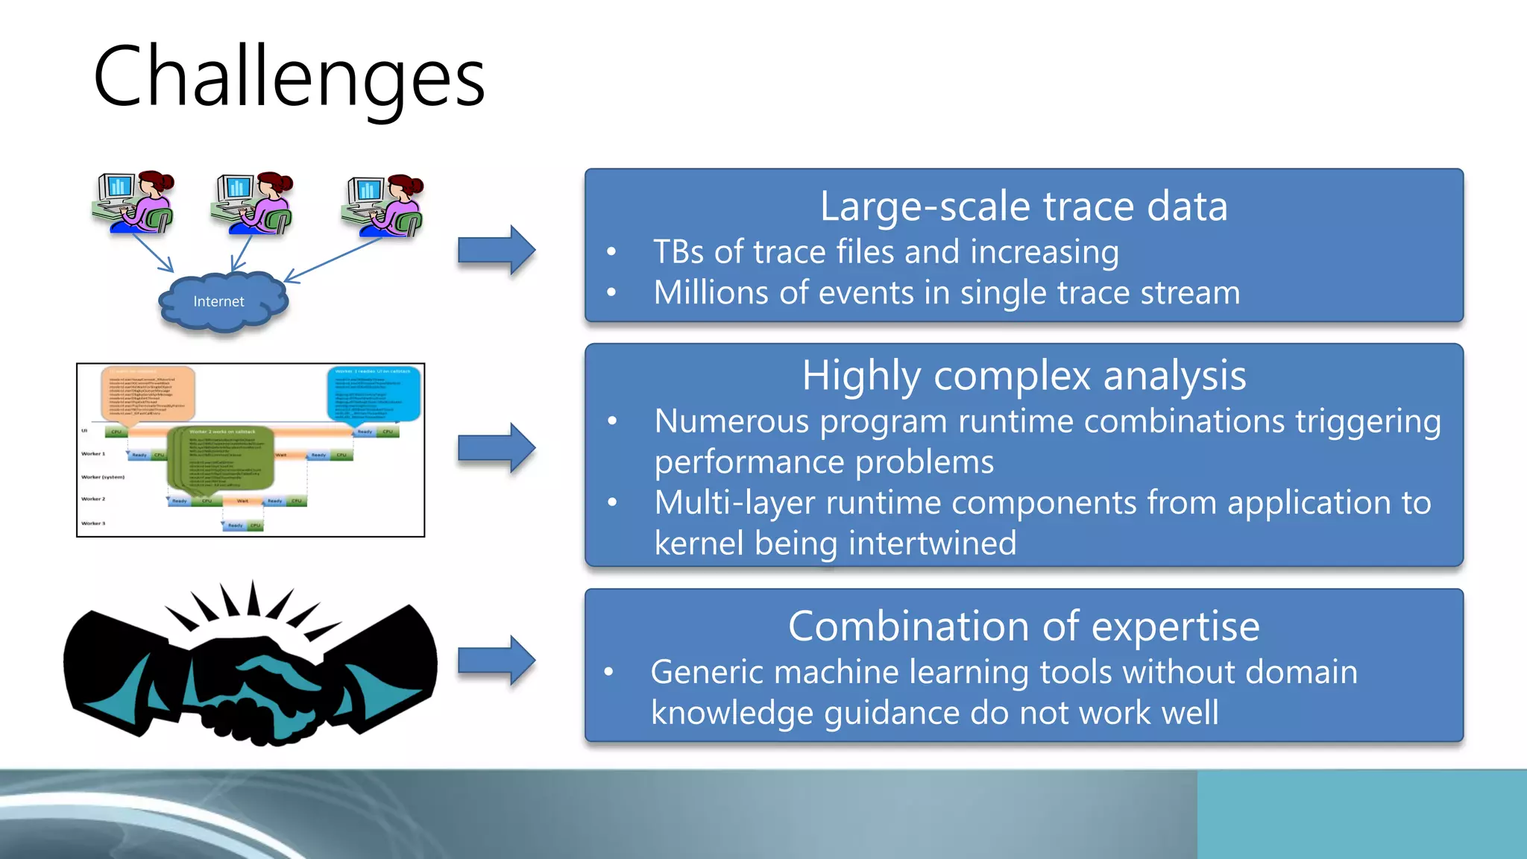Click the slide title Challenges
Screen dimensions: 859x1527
click(x=289, y=77)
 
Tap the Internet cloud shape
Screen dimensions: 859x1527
click(x=221, y=301)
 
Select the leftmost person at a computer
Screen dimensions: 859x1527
click(x=135, y=203)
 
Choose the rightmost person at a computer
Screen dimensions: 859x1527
click(x=383, y=206)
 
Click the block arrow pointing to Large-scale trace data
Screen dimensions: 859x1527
click(x=496, y=251)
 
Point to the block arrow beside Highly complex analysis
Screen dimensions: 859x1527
click(x=496, y=448)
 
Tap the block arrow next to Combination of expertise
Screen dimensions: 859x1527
click(x=496, y=661)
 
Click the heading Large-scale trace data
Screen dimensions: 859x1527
click(x=1023, y=207)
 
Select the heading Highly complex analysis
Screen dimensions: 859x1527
click(x=1023, y=376)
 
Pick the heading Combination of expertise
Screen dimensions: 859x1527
click(x=1023, y=626)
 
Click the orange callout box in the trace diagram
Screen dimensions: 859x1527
click(x=148, y=394)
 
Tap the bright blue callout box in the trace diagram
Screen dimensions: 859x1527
click(x=374, y=393)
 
